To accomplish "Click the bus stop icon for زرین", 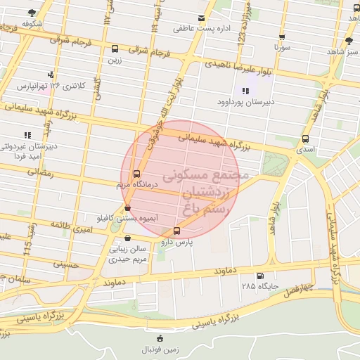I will point(115,49).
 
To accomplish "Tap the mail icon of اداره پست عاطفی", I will point(202,18).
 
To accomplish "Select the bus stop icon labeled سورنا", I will point(282,38).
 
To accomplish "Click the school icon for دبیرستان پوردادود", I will point(245,90).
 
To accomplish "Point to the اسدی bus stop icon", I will point(305,139).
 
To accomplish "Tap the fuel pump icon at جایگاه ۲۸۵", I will point(261,276).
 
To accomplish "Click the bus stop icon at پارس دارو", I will point(176,230).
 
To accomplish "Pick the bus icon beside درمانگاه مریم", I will point(136,174).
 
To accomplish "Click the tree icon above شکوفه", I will point(32,13).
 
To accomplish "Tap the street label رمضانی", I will point(39,172).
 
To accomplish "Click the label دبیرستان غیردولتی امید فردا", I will point(30,151).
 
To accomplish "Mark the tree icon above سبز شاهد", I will point(349,41).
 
